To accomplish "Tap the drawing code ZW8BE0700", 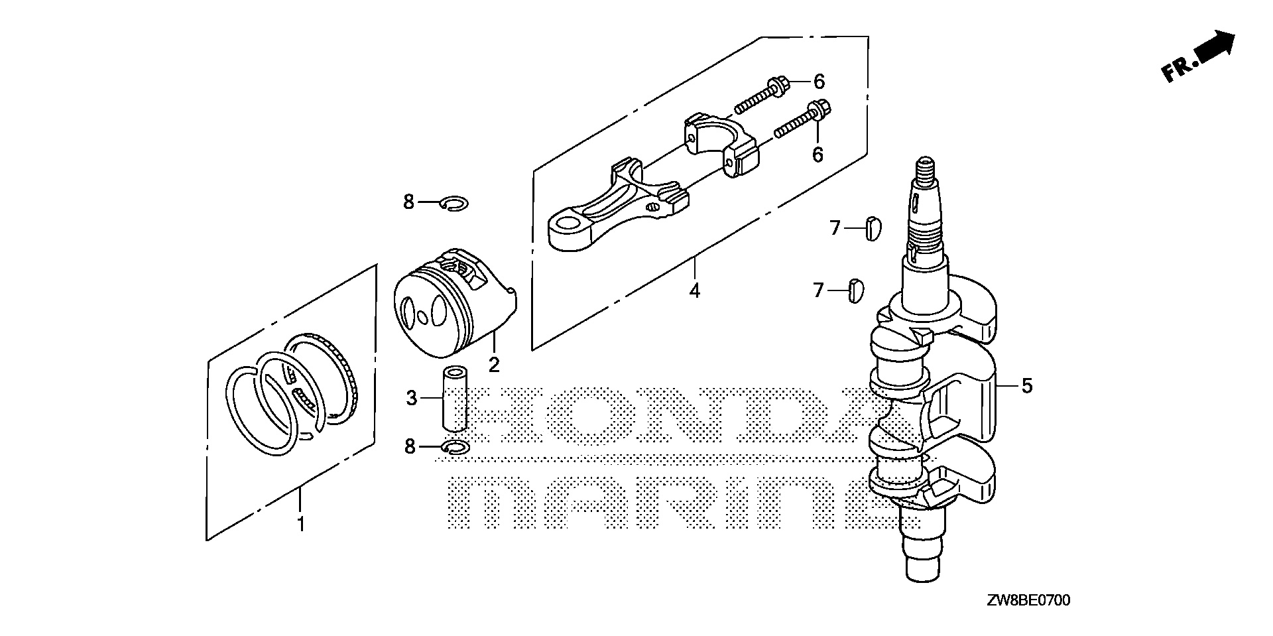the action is (1028, 602).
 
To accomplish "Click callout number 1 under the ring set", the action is (300, 525).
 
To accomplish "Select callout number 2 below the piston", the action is (493, 364).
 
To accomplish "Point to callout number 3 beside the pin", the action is (411, 398).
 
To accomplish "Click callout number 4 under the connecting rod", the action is (694, 290).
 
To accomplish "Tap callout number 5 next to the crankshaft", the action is (1026, 385).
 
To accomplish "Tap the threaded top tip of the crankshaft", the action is (925, 165).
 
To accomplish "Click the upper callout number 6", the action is (819, 82).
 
